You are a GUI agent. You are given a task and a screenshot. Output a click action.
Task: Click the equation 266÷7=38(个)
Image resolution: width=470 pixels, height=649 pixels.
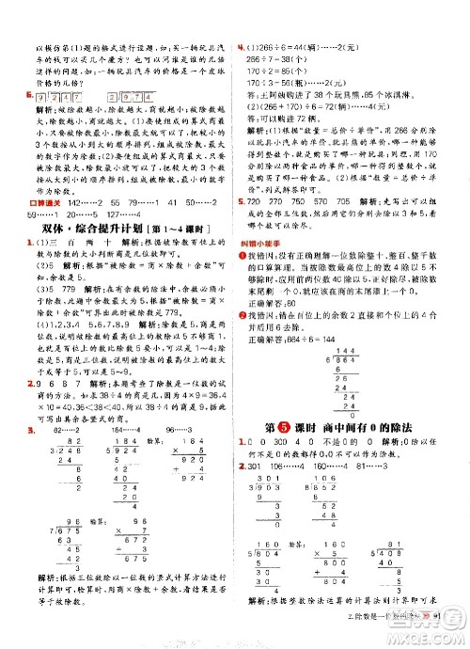pos(274,55)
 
